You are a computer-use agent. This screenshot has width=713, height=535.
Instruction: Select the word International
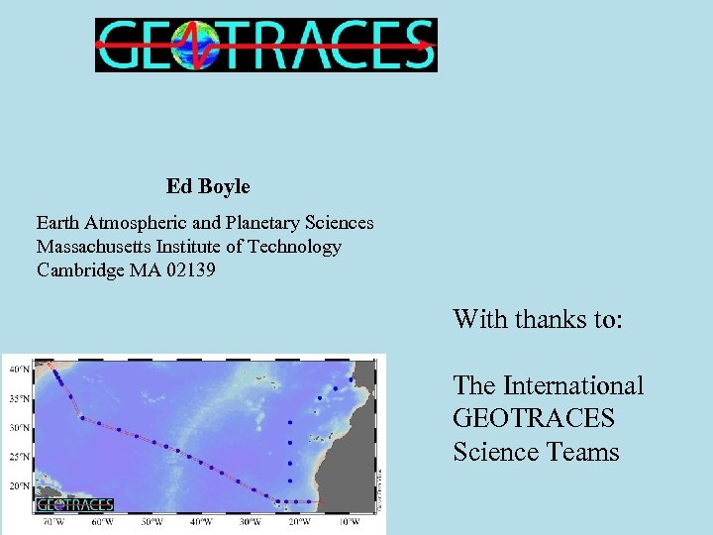point(573,385)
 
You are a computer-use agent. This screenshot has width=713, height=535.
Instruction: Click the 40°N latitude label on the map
point(19,369)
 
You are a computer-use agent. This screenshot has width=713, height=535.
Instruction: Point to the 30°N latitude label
point(19,428)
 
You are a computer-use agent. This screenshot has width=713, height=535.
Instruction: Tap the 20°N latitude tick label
point(19,486)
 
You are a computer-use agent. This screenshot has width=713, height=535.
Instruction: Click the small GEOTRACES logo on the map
point(75,504)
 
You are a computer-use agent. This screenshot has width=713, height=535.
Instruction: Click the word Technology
point(294,247)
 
